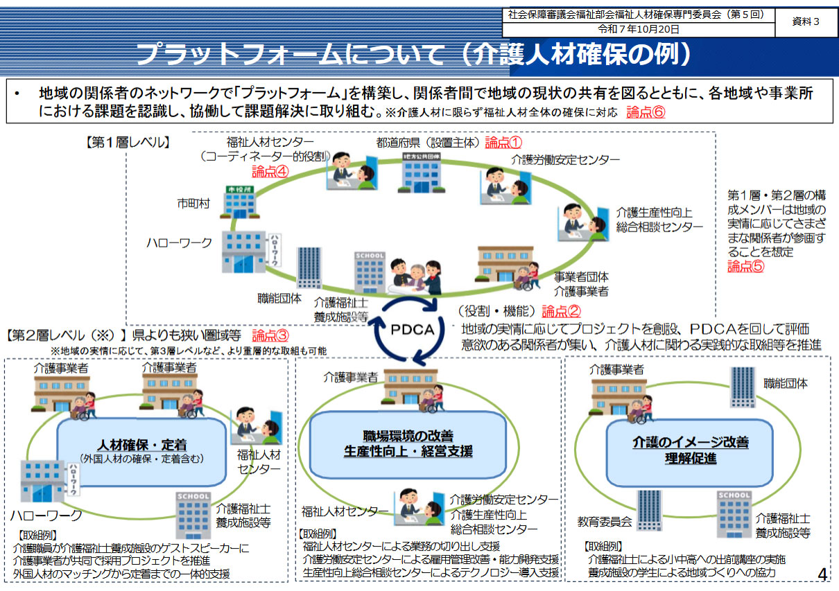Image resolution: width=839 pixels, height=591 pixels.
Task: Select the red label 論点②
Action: pyautogui.click(x=562, y=312)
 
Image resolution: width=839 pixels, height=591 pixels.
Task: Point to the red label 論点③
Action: pyautogui.click(x=270, y=336)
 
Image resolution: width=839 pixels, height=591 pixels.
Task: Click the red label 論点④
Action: pyautogui.click(x=270, y=172)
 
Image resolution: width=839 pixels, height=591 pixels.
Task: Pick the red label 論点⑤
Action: pyautogui.click(x=745, y=266)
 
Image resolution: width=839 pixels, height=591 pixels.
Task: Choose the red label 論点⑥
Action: pyautogui.click(x=646, y=112)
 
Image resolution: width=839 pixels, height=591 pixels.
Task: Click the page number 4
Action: pyautogui.click(x=822, y=574)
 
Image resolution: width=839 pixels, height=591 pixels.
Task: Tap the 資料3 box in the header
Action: pyautogui.click(x=806, y=21)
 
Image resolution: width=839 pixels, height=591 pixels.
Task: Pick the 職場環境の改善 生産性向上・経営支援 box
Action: pyautogui.click(x=408, y=444)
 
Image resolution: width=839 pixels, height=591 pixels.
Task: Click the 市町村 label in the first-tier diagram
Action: pyautogui.click(x=193, y=204)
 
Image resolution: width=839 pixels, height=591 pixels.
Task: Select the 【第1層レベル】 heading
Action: pyautogui.click(x=125, y=143)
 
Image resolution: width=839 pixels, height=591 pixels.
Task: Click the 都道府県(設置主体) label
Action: pyautogui.click(x=428, y=143)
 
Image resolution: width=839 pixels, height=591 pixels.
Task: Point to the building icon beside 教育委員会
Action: pyautogui.click(x=649, y=511)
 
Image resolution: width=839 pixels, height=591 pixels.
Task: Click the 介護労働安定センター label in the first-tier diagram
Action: pyautogui.click(x=566, y=160)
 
